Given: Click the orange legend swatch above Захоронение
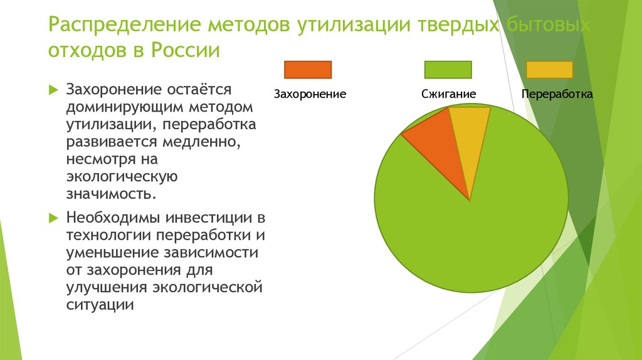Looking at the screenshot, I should (x=308, y=70).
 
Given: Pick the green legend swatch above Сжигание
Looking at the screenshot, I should (x=448, y=70).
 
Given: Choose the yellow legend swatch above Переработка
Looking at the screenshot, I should (x=549, y=70).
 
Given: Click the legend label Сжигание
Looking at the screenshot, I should (x=448, y=94).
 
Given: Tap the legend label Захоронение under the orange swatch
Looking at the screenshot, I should (x=310, y=94).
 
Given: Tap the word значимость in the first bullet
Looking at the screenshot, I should (x=110, y=193).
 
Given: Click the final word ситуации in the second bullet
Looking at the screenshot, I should (x=100, y=305).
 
